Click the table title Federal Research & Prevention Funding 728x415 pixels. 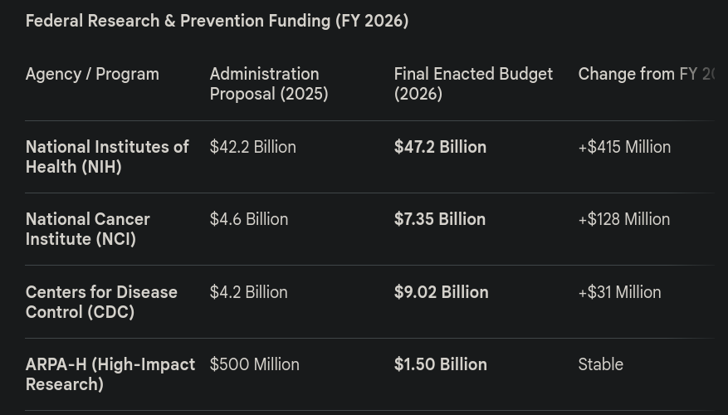217,21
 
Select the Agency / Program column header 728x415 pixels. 92,74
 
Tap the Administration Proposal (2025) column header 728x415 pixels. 269,84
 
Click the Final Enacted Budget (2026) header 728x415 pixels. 473,84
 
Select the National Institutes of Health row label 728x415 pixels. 107,157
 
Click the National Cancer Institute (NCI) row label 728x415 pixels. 88,229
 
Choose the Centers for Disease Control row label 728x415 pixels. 101,302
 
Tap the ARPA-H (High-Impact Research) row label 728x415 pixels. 110,374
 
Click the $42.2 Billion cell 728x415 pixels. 252,147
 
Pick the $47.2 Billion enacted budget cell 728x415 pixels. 440,147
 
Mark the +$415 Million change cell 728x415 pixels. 624,147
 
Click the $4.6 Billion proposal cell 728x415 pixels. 249,219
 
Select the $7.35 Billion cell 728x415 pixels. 440,219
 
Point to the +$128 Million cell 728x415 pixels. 624,219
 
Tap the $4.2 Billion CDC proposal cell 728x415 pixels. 249,292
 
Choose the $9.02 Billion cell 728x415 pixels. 441,292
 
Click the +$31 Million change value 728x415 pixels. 619,292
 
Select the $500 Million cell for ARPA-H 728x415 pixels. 254,364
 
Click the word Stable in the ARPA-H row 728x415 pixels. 600,364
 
